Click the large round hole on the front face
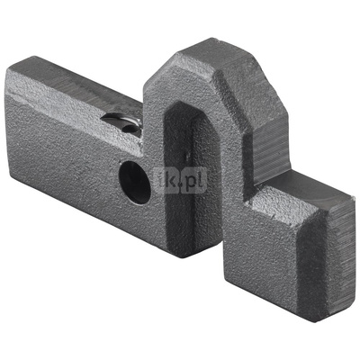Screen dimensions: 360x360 pos(134,183)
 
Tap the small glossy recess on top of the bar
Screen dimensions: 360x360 pos(122,122)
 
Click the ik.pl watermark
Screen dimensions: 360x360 pos(181,180)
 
